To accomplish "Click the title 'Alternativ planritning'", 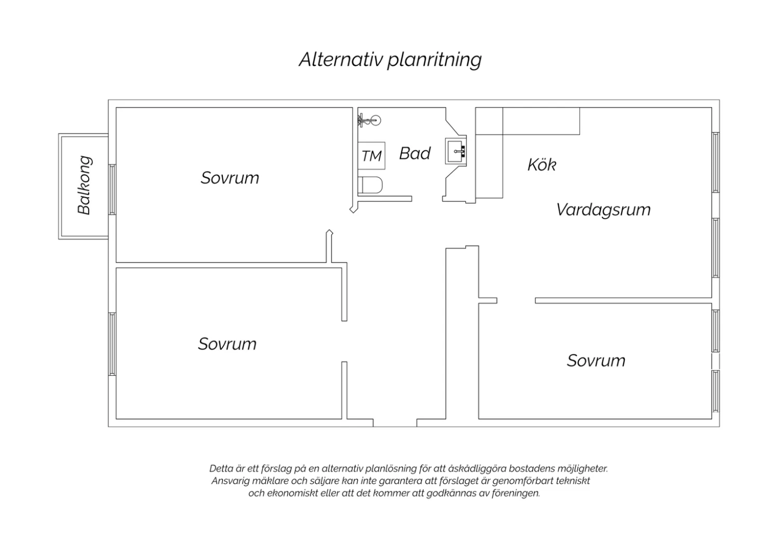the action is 390,60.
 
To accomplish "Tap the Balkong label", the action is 85,185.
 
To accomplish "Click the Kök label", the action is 542,164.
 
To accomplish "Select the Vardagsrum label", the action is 603,210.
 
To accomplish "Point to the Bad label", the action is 414,153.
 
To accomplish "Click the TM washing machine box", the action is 371,155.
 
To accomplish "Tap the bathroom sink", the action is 456,151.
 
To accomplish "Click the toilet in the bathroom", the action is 370,185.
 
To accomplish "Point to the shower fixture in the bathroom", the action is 369,121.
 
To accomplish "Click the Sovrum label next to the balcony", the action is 230,178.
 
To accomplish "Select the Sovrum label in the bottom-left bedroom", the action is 227,344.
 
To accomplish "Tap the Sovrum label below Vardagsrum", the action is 596,360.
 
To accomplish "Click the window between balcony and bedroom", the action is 112,189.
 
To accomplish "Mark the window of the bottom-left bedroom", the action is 112,344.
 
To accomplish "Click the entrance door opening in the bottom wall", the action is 395,423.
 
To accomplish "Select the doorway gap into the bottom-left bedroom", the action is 344,342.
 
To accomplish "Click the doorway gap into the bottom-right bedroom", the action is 516,300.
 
